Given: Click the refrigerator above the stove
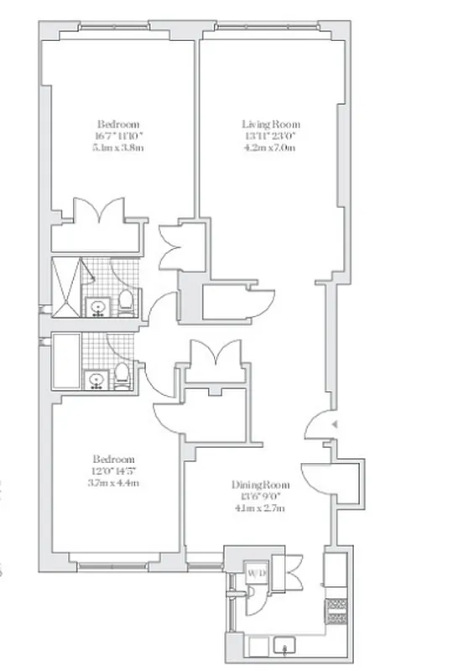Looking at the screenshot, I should [339, 570].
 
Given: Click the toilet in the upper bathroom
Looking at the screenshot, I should [125, 300].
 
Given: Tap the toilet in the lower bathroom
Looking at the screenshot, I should [122, 375].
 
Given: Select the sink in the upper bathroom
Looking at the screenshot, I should [97, 306].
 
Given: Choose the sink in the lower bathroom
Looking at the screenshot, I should [97, 381].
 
